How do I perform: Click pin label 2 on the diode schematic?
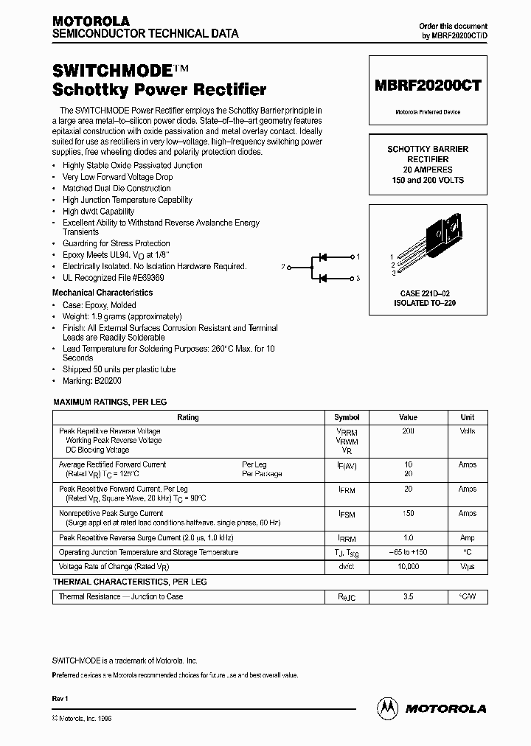283,267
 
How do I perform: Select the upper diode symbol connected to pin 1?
322,257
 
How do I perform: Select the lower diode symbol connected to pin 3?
322,278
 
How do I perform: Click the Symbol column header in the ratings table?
347,417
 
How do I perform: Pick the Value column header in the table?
408,417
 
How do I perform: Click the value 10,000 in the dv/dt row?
408,567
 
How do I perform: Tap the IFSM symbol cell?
347,514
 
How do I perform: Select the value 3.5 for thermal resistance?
408,597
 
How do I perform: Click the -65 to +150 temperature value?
408,552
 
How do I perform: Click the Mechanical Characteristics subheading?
103,292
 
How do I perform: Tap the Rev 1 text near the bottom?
60,697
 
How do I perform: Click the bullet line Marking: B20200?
91,381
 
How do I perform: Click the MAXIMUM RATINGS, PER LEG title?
110,402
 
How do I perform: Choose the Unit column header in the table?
468,417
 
